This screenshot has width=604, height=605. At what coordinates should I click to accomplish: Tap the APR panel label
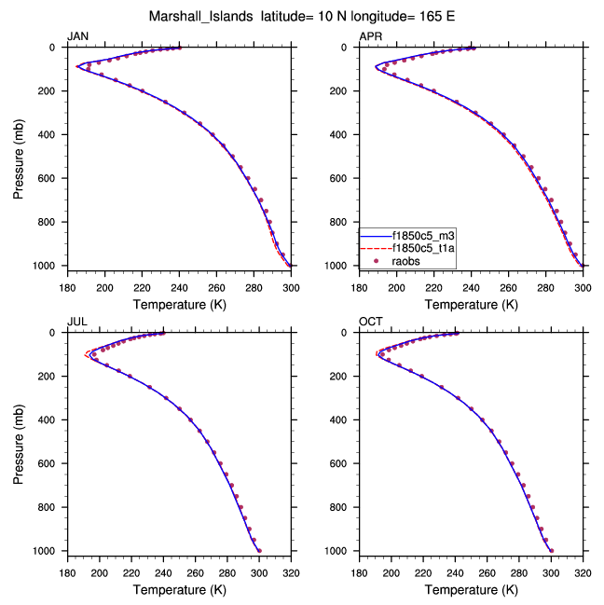click(370, 36)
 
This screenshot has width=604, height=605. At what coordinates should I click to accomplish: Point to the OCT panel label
click(370, 322)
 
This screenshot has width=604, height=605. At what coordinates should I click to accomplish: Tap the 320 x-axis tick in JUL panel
click(291, 574)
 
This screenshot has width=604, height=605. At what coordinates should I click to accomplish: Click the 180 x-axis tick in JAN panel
click(67, 288)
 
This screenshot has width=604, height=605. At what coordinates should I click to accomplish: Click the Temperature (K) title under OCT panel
click(472, 590)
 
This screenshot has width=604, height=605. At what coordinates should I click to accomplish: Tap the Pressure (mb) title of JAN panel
click(20, 156)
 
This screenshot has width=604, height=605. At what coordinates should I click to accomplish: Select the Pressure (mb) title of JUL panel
click(20, 441)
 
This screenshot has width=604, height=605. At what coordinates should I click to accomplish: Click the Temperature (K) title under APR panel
click(472, 305)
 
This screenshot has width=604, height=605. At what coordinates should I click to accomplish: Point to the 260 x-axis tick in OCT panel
click(487, 574)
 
